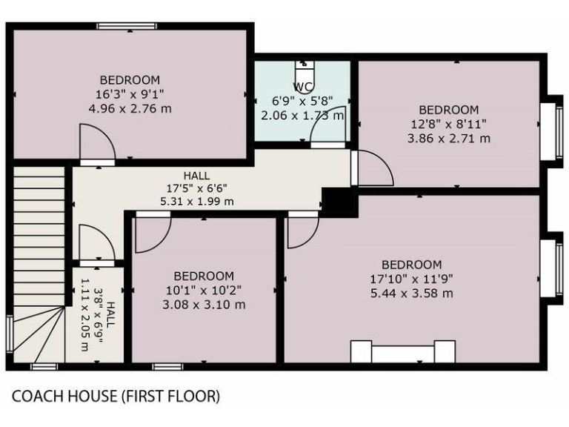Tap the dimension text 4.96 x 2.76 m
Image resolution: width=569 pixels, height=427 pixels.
click(x=130, y=107)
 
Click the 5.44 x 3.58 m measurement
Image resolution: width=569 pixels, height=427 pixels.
click(x=411, y=293)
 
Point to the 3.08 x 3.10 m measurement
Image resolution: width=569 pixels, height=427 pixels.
click(x=204, y=304)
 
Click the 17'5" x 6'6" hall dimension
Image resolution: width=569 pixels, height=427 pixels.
click(x=197, y=188)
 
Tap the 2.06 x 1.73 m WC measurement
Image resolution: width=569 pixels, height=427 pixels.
click(x=302, y=116)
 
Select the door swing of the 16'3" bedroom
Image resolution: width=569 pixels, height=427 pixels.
click(x=96, y=143)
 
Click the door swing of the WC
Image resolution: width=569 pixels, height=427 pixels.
click(x=327, y=130)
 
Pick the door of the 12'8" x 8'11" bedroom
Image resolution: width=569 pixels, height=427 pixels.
click(x=373, y=170)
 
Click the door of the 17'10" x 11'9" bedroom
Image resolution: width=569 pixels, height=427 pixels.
click(x=302, y=231)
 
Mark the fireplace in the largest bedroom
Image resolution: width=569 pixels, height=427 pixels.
click(x=402, y=351)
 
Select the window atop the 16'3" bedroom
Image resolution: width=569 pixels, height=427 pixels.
click(x=126, y=27)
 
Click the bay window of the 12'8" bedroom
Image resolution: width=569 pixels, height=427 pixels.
click(x=549, y=130)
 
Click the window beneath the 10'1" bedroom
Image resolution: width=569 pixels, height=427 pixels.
click(x=167, y=366)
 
